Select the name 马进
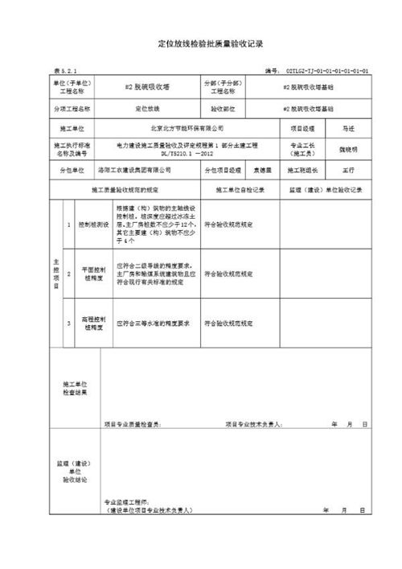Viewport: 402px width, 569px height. [348, 128]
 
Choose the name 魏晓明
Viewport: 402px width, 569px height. [348, 149]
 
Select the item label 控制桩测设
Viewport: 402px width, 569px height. [93, 226]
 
